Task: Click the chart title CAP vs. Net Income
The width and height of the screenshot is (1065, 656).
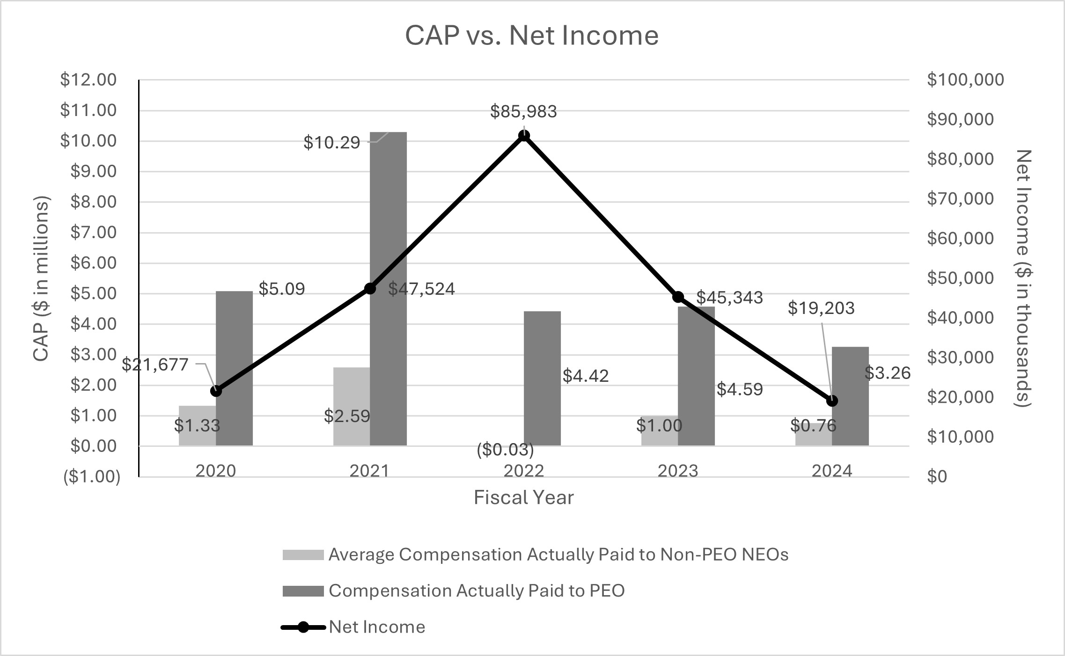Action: coord(532,36)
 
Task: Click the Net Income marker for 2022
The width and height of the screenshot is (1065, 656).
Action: coord(524,136)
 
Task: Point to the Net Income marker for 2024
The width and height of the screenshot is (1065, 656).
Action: coord(832,401)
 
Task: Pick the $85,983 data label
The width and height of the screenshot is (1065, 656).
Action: coord(523,112)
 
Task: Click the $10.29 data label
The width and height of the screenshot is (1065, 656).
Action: coord(331,143)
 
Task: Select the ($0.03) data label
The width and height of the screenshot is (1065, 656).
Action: coord(505,450)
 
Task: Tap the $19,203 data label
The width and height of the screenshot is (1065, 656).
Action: coord(821,308)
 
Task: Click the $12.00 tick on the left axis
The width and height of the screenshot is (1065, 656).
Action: coord(88,80)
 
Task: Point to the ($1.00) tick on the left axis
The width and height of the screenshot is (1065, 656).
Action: coord(92,477)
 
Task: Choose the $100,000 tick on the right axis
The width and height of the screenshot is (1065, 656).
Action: coord(965,80)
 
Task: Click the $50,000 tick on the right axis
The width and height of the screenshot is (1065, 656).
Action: coord(960,278)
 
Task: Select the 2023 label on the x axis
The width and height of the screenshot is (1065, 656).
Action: coord(678,471)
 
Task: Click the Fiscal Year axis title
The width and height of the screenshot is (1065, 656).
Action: coord(523,497)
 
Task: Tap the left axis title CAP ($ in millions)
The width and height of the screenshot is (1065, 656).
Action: coord(41,278)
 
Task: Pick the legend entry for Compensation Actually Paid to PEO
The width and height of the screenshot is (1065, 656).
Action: coord(477,591)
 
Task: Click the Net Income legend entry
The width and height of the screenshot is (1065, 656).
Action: coord(377,627)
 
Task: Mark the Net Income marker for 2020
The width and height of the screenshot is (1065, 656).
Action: coord(216,391)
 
